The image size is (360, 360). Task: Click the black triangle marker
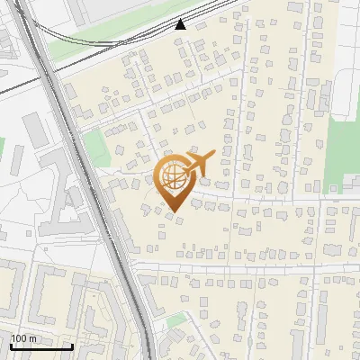coord(181,24)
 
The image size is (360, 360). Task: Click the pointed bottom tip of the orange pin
coord(174,211)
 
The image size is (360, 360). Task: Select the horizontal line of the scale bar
coord(40,346)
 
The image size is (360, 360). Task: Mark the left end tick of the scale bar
coord(10,345)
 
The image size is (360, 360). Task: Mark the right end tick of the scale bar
coord(72,345)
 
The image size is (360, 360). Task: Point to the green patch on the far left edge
coord(2,148)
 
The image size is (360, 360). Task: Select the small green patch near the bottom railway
coord(177,319)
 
